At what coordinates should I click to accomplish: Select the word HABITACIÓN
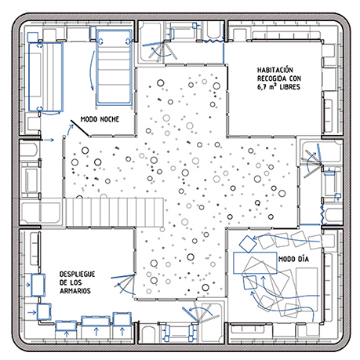click(275, 70)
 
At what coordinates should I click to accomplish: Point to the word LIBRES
click(289, 87)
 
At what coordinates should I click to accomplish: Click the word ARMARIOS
click(75, 291)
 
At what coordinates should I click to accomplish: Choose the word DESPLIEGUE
click(77, 274)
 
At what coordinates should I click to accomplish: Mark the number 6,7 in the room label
click(262, 87)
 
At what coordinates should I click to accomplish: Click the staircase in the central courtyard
click(115, 212)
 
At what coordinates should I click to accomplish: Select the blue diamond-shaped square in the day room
click(248, 244)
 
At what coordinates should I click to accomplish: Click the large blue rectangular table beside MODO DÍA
click(255, 263)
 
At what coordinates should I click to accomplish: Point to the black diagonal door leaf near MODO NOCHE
click(80, 128)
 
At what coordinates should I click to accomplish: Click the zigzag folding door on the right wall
click(322, 215)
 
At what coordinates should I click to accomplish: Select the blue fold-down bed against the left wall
click(45, 78)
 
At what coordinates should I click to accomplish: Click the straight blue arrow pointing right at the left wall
click(49, 140)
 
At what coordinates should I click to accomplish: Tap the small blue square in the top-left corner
click(33, 37)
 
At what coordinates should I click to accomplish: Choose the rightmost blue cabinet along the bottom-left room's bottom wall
click(122, 319)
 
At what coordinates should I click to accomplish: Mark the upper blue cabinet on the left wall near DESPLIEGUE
click(38, 285)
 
